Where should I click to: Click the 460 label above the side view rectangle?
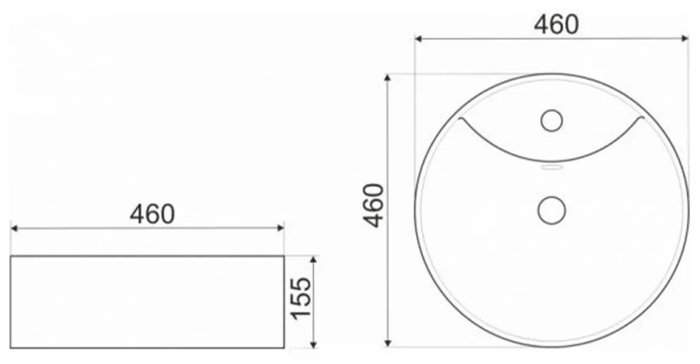[x=151, y=213]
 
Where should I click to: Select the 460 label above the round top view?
[x=556, y=24]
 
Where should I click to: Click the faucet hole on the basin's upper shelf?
[x=551, y=121]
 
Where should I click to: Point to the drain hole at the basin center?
[x=551, y=210]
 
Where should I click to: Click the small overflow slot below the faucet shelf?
[x=551, y=168]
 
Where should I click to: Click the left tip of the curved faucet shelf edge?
[x=460, y=118]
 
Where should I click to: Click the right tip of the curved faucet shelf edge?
[x=644, y=118]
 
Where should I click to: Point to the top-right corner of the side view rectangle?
[x=284, y=256]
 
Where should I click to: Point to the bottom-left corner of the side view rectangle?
[x=11, y=348]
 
